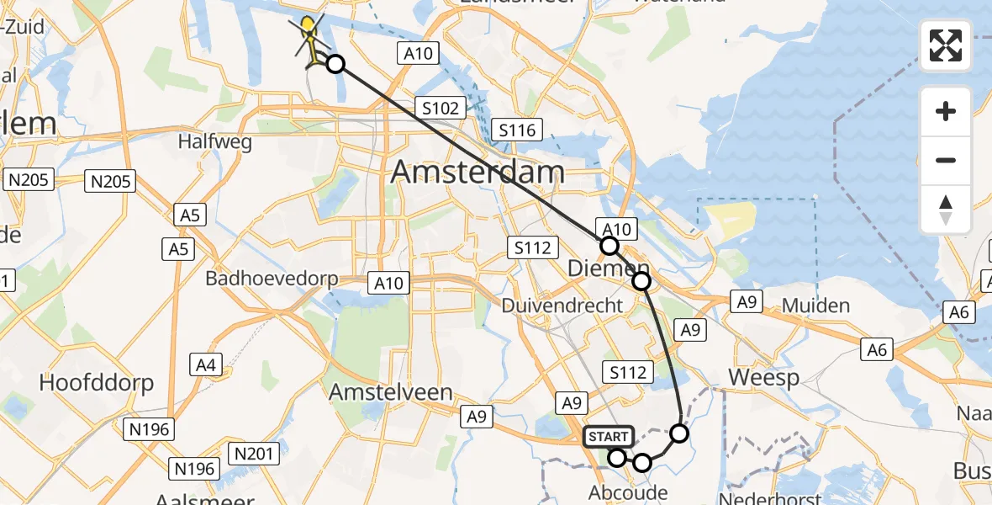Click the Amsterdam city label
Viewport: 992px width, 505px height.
[x=478, y=173]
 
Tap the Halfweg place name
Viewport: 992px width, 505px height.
[x=215, y=142]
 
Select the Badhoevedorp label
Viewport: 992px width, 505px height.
[x=272, y=278]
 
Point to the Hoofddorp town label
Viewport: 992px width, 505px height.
[x=97, y=384]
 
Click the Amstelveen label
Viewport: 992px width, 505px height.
[x=391, y=392]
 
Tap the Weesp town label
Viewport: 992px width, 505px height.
[x=763, y=377]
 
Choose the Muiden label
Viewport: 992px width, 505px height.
[x=815, y=305]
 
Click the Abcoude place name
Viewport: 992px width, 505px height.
[x=629, y=492]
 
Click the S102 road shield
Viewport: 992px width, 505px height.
[x=440, y=108]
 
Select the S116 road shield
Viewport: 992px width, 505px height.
[x=517, y=130]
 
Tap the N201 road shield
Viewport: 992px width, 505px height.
[x=253, y=454]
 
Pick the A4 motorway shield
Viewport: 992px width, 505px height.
[x=206, y=365]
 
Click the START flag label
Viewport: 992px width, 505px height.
[x=608, y=437]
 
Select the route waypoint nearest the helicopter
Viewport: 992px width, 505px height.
[x=335, y=64]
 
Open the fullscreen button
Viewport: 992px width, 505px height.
[x=946, y=45]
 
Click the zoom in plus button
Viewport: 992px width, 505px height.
[x=946, y=111]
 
